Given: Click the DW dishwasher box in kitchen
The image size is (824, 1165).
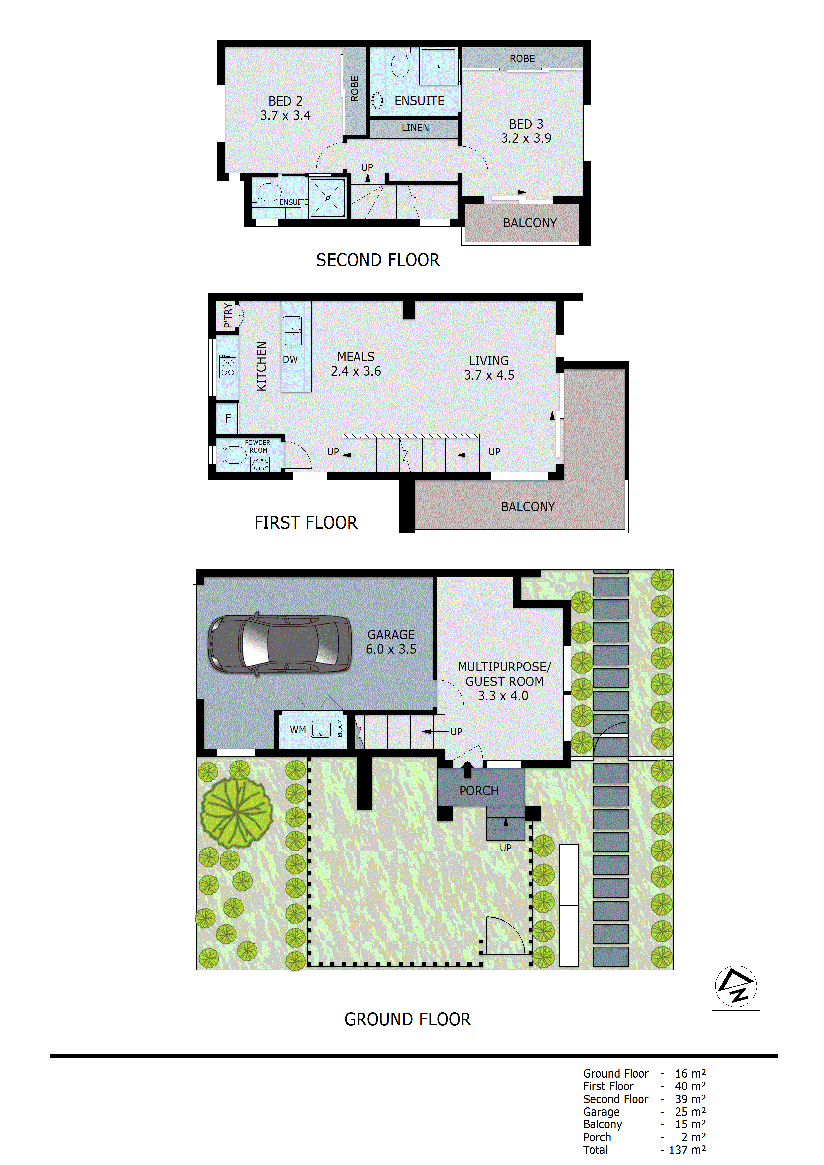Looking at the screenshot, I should click(290, 359).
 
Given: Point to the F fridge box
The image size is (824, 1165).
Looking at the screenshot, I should click(228, 418).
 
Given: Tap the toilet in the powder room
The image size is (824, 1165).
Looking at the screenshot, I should click(234, 455).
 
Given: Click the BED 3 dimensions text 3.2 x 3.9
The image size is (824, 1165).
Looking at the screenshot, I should click(526, 138).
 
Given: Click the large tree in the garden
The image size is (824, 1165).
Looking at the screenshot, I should click(237, 812).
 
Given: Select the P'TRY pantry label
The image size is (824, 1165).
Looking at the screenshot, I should click(228, 315).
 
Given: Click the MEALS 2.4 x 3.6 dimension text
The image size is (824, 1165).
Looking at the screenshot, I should click(356, 371).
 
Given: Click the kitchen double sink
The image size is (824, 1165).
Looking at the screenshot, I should click(292, 331).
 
